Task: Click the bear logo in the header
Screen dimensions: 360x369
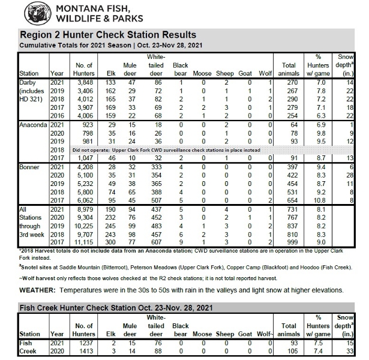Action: click(x=30, y=12)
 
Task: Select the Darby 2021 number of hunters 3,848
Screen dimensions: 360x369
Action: click(x=82, y=82)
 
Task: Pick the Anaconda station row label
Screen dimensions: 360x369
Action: click(x=35, y=122)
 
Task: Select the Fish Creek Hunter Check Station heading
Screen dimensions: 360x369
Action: click(x=101, y=308)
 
